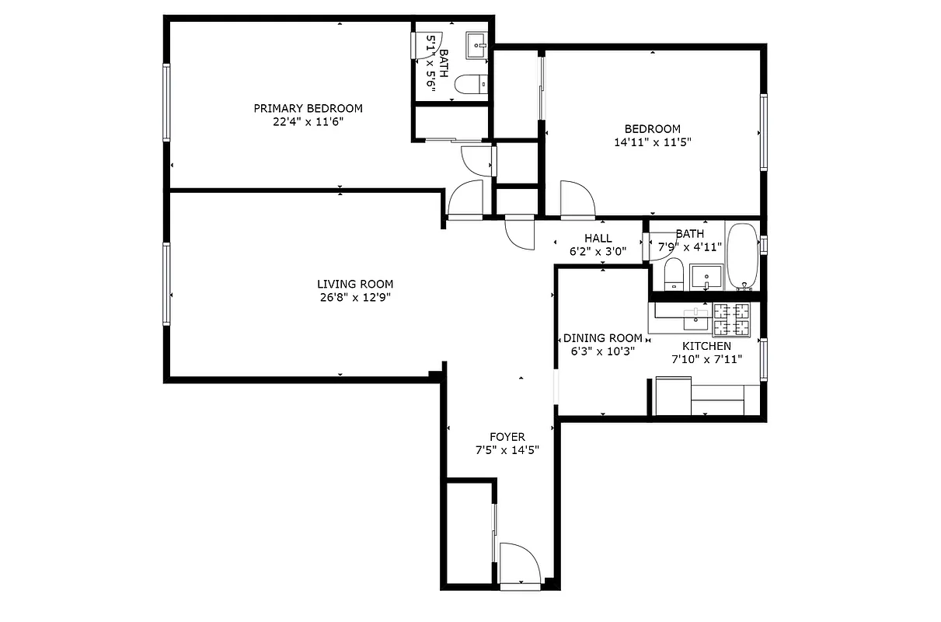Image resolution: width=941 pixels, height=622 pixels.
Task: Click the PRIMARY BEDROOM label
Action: (x=308, y=108)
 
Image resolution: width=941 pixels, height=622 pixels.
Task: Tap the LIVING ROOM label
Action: (x=354, y=285)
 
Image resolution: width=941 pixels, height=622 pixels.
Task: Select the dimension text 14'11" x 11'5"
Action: (x=652, y=142)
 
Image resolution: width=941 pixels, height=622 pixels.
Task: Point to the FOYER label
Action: (x=507, y=437)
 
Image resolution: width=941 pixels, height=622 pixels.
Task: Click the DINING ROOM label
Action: (x=602, y=338)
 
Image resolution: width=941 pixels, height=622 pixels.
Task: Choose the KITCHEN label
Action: (x=706, y=346)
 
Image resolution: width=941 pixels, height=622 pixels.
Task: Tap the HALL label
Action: (x=598, y=239)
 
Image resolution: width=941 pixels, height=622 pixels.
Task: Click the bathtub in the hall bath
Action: (x=742, y=256)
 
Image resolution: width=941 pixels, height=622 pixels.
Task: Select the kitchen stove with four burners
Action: (x=733, y=318)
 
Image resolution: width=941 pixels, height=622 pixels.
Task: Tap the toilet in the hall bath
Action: (x=674, y=275)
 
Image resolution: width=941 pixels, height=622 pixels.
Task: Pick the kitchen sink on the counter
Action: (x=695, y=317)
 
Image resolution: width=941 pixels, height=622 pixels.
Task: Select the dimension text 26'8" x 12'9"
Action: (x=354, y=297)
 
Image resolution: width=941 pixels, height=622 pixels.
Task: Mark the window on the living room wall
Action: (x=166, y=284)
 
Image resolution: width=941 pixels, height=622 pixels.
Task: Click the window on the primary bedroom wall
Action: (x=166, y=102)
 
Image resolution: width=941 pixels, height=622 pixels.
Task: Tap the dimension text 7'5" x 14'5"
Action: (x=507, y=449)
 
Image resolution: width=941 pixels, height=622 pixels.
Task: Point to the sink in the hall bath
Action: (x=707, y=276)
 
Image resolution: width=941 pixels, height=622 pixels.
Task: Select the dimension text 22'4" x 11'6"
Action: (x=308, y=121)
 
